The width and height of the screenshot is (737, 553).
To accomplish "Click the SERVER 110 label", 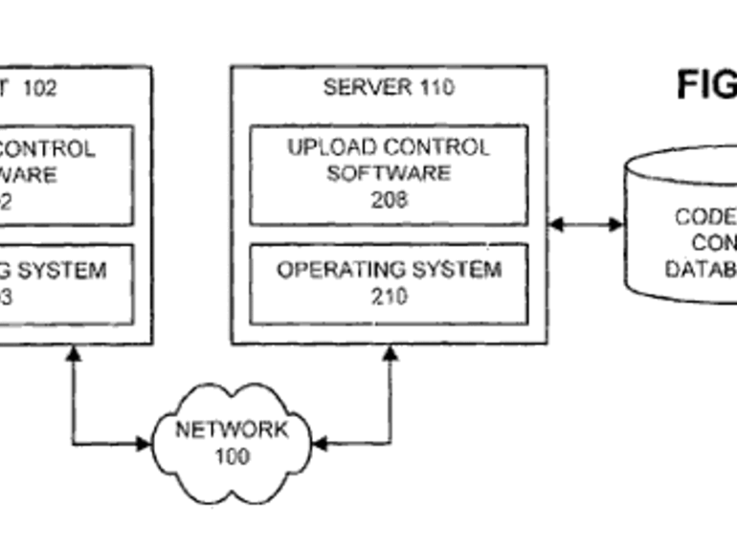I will click(x=389, y=88).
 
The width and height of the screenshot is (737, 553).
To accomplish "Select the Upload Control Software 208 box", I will click(x=389, y=175).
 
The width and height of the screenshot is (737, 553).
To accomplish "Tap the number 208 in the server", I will click(x=389, y=200).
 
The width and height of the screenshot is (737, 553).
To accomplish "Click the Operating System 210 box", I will click(x=389, y=283).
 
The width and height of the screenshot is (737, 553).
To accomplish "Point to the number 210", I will click(x=389, y=297).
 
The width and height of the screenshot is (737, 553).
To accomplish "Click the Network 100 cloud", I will click(x=233, y=441).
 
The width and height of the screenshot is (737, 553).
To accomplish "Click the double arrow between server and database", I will click(x=586, y=225).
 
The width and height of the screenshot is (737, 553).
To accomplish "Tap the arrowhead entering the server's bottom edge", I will click(x=390, y=353).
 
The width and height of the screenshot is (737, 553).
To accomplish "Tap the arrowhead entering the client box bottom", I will click(x=74, y=353).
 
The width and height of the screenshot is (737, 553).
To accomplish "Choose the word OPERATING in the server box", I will click(x=336, y=270).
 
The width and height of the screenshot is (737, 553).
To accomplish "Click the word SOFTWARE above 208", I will click(x=389, y=173).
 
